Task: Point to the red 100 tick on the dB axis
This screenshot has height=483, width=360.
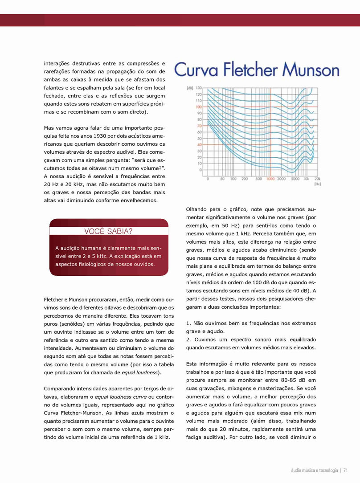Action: [x=198, y=107]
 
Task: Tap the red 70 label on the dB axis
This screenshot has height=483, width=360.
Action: [x=199, y=126]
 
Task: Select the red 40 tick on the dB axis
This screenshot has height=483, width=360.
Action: [x=199, y=145]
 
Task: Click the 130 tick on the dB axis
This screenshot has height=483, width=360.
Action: [x=198, y=88]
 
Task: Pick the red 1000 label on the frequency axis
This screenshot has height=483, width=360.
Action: [x=270, y=179]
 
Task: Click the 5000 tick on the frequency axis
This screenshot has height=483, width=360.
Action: [x=295, y=179]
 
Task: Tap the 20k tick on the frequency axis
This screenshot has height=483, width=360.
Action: [x=317, y=179]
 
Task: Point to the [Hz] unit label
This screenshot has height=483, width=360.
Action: [x=318, y=184]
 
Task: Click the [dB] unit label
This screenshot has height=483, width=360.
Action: [x=190, y=88]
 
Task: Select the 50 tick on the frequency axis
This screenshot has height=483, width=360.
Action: [x=222, y=179]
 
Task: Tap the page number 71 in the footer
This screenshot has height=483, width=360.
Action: [x=345, y=471]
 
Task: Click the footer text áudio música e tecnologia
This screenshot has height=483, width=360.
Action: [x=315, y=471]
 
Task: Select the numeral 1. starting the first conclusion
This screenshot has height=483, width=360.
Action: [x=188, y=323]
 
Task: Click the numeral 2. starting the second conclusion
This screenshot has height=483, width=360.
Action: [x=188, y=340]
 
